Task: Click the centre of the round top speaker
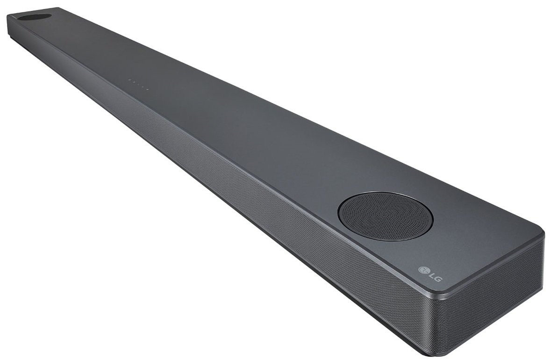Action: (385, 216)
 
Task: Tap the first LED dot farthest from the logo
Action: (129, 81)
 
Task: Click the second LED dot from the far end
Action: (134, 83)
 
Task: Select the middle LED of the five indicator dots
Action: (138, 85)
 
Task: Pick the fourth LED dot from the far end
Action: (143, 87)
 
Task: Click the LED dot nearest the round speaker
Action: (148, 89)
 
